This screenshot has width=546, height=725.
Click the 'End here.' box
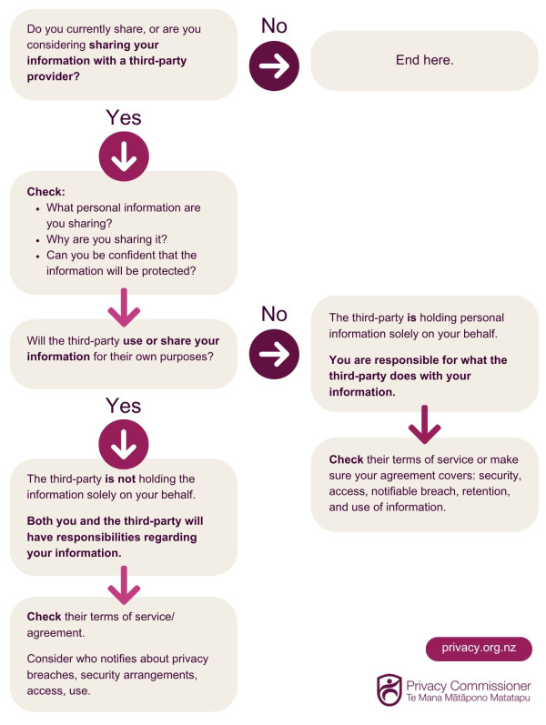pyautogui.click(x=424, y=61)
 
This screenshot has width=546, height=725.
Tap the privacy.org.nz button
pyautogui.click(x=479, y=648)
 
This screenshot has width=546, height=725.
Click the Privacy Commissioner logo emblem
pyautogui.click(x=389, y=690)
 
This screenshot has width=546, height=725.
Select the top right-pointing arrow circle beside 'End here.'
pyautogui.click(x=274, y=66)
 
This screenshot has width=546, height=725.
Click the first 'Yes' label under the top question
pyautogui.click(x=124, y=117)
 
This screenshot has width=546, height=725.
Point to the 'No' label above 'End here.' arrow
pyautogui.click(x=274, y=25)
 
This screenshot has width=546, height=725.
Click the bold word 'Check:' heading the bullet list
pyautogui.click(x=45, y=192)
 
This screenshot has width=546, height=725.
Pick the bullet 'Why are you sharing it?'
pyautogui.click(x=106, y=239)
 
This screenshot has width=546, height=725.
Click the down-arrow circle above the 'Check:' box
pyautogui.click(x=124, y=156)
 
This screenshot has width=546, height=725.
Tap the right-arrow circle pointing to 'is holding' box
pyautogui.click(x=274, y=354)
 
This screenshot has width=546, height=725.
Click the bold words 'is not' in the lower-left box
pyautogui.click(x=120, y=479)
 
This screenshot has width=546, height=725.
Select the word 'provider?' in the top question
pyautogui.click(x=53, y=76)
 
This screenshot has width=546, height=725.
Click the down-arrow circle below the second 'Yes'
pyautogui.click(x=124, y=444)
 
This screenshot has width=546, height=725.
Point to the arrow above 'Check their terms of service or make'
pyautogui.click(x=424, y=425)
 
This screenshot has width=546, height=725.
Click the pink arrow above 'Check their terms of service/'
pyautogui.click(x=124, y=585)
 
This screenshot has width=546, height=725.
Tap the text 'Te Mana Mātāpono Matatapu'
pyautogui.click(x=469, y=699)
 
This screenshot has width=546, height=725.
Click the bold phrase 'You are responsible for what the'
pyautogui.click(x=418, y=360)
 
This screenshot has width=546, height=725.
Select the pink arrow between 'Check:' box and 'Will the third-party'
pyautogui.click(x=124, y=307)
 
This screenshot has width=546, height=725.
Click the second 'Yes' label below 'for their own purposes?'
pyautogui.click(x=123, y=406)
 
